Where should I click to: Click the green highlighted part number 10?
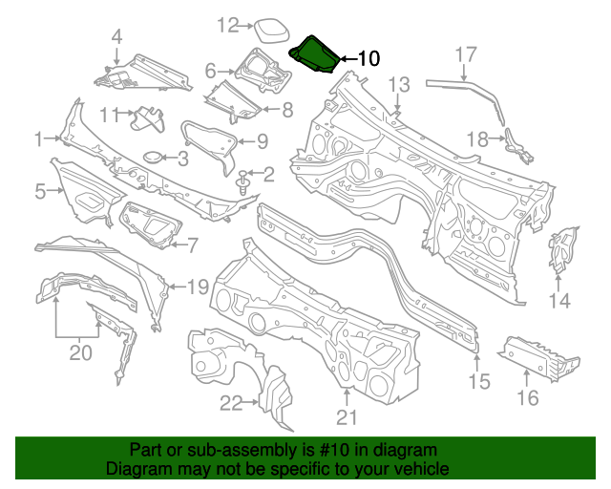312,54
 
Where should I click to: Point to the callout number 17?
465,54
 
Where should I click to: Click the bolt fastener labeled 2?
245,181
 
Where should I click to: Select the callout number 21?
346,417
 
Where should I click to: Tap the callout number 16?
528,397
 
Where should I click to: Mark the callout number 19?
197,287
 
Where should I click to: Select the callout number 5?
40,192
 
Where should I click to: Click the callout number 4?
116,39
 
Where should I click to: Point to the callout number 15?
478,382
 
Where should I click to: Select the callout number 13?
398,85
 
